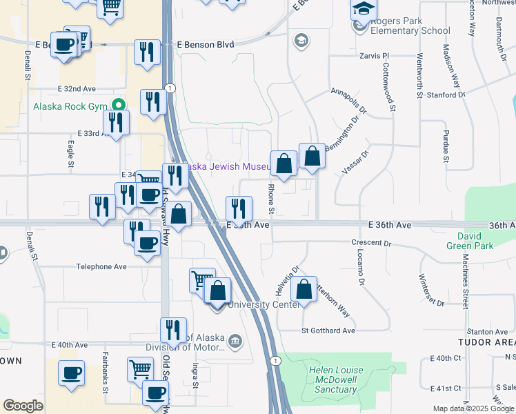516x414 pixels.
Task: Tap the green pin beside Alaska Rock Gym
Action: coord(119,106)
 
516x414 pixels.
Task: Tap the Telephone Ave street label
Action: coord(101,266)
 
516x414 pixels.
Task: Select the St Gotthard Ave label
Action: coord(328,331)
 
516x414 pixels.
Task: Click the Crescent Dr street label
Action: coord(371,243)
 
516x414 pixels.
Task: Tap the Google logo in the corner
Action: coord(23,406)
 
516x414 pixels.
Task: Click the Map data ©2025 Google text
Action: coord(473,408)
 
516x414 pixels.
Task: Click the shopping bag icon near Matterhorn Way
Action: coord(304,290)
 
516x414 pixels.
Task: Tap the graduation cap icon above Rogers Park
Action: coord(361,10)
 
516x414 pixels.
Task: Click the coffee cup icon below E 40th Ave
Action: coord(72,374)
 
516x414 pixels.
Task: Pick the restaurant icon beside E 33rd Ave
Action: coord(116,123)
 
